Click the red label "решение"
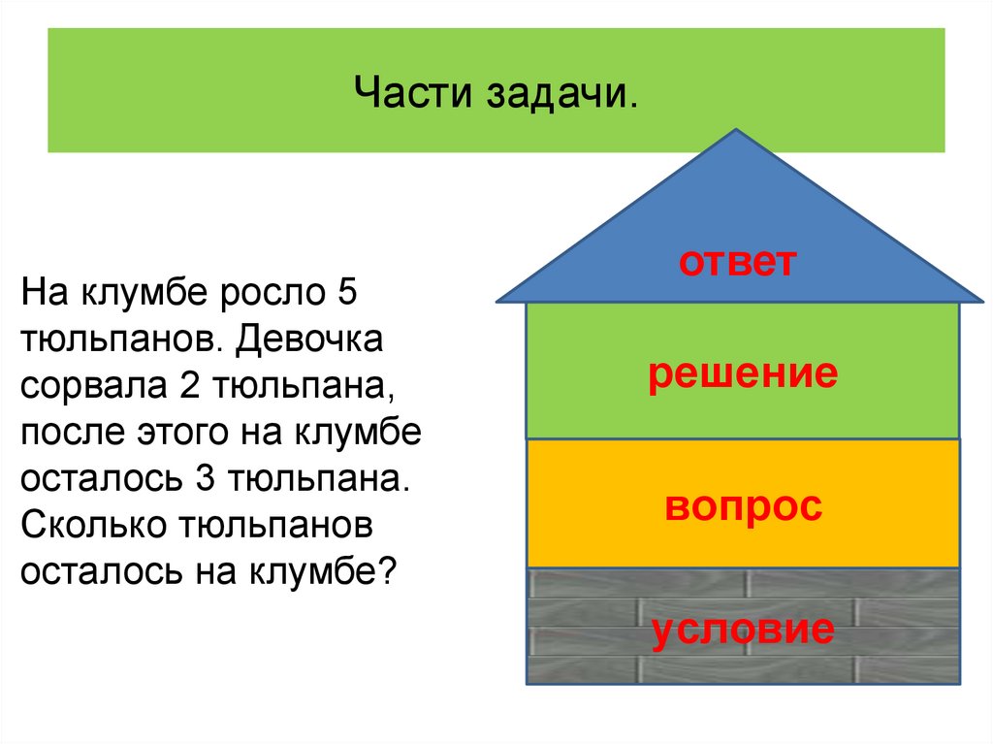click(743, 372)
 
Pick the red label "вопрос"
click(743, 505)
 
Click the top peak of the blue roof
click(737, 131)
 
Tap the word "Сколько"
click(92, 525)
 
